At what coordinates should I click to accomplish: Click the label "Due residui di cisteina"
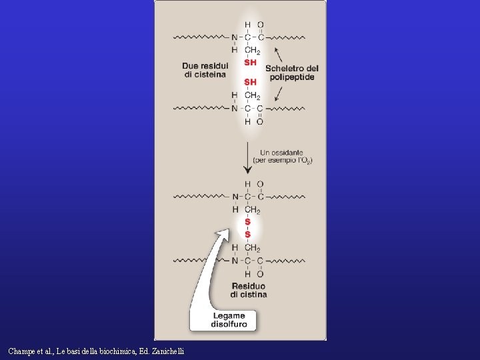pyautogui.click(x=205, y=70)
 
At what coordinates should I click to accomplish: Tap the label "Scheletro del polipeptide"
pyautogui.click(x=291, y=73)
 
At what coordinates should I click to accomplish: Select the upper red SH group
pyautogui.click(x=250, y=63)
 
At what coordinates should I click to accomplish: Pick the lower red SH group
pyautogui.click(x=250, y=82)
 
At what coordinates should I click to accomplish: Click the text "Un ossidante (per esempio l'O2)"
pyautogui.click(x=283, y=157)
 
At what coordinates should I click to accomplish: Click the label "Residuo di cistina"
pyautogui.click(x=249, y=290)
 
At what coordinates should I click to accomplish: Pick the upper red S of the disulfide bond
pyautogui.click(x=248, y=222)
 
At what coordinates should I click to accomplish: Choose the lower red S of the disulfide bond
pyautogui.click(x=248, y=234)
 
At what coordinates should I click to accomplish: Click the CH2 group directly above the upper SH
pyautogui.click(x=252, y=50)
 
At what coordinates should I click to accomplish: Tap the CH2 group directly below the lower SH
pyautogui.click(x=252, y=95)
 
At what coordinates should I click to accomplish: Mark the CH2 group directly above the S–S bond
pyautogui.click(x=252, y=210)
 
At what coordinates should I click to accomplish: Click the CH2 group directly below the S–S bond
pyautogui.click(x=252, y=248)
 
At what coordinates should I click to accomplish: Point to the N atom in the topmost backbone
pyautogui.click(x=235, y=37)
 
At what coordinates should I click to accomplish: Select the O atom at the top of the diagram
pyautogui.click(x=261, y=25)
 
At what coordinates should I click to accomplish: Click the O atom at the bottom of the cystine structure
pyautogui.click(x=260, y=274)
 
